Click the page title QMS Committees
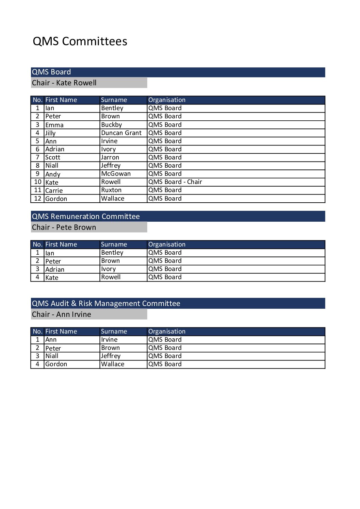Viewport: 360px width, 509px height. pos(80,41)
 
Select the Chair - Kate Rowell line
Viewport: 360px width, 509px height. pos(64,83)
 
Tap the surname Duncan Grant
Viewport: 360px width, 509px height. pos(121,133)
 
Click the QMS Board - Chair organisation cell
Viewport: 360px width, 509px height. pos(175,182)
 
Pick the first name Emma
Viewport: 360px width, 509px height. pos(54,125)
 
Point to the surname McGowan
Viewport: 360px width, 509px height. pos(116,174)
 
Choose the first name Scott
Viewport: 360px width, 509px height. pos(53,157)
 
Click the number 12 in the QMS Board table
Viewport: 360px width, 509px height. pos(38,199)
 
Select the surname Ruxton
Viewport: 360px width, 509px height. pos(111,190)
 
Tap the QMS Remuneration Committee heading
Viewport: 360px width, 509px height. pos(86,217)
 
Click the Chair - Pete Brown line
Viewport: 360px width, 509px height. pos(64,227)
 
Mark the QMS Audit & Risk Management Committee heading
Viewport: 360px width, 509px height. pos(106,304)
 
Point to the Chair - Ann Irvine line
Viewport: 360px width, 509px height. pos(62,315)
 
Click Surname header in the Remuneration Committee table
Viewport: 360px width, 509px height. pos(114,244)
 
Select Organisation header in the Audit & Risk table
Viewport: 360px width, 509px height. pos(167,332)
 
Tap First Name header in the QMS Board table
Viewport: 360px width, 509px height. pos(61,100)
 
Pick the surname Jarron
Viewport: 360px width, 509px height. pos(110,157)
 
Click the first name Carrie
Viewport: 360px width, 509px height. pos(54,191)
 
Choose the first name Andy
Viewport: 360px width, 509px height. pos(53,174)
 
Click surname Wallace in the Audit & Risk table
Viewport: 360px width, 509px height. pos(113,364)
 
